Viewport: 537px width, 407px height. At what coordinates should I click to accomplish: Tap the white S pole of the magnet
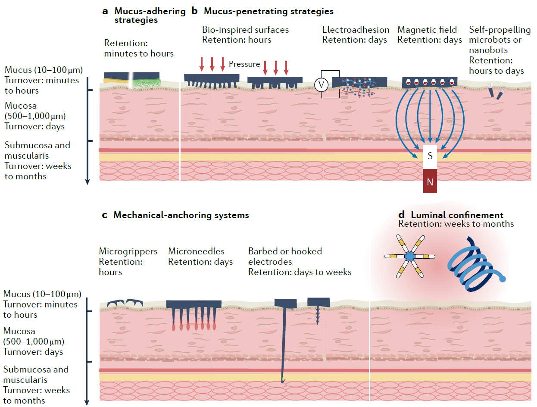pos(430,156)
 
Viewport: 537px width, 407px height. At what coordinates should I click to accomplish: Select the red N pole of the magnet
pos(430,182)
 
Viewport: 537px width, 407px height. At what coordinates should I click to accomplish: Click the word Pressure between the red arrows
pos(244,64)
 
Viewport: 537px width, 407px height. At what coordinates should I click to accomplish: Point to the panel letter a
pos(105,11)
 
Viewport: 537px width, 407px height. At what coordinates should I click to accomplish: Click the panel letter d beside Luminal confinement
pos(402,215)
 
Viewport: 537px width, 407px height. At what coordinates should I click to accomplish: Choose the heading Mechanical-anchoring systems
pos(181,215)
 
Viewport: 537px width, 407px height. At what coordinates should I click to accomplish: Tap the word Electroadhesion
pos(356,30)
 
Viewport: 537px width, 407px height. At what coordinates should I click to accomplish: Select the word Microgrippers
pos(128,251)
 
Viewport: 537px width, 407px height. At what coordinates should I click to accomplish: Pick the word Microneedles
pos(196,251)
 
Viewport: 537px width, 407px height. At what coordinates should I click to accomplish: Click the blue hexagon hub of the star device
pos(409,257)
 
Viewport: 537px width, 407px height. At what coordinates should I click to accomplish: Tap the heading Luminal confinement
pos(457,215)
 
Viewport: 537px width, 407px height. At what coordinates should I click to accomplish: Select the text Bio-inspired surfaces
pos(245,30)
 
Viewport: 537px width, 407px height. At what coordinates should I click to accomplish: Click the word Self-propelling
pos(500,30)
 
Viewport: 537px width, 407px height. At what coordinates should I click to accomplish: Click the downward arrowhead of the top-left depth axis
pos(87,182)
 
